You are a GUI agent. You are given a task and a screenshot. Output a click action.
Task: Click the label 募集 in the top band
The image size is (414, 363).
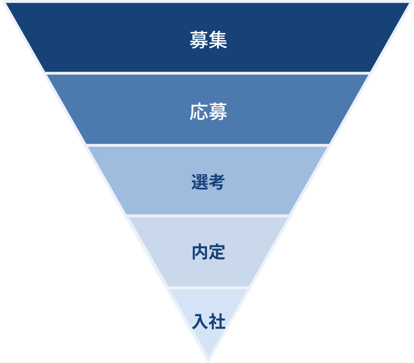click(x=208, y=40)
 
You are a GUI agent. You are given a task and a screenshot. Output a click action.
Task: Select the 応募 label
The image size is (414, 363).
click(x=208, y=112)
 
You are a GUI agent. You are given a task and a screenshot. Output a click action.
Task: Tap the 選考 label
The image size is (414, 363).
click(x=208, y=182)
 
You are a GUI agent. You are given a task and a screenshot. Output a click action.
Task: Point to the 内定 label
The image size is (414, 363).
click(x=208, y=252)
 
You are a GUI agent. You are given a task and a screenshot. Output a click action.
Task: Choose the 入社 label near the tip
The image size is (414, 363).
click(x=208, y=321)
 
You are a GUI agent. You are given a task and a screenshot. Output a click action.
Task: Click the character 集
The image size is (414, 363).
click(x=218, y=40)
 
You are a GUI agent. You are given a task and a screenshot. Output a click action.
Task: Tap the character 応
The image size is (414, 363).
click(x=198, y=112)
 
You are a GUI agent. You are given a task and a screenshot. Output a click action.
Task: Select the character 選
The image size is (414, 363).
click(x=199, y=182)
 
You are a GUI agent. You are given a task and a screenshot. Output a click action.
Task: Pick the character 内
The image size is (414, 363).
click(x=199, y=252)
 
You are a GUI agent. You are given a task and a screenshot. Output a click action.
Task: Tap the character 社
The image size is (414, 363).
click(x=217, y=321)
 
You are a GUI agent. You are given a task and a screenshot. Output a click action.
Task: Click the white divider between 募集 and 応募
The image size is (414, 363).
click(x=208, y=73)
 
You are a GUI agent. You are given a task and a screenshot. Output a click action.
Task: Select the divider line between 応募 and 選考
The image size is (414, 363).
click(x=208, y=145)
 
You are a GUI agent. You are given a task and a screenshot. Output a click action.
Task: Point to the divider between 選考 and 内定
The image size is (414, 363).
click(x=208, y=215)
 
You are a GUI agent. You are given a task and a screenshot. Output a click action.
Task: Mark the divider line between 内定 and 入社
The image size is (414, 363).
click(x=208, y=287)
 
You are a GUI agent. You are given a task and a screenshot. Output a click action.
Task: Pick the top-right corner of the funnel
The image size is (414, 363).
click(x=410, y=3)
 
